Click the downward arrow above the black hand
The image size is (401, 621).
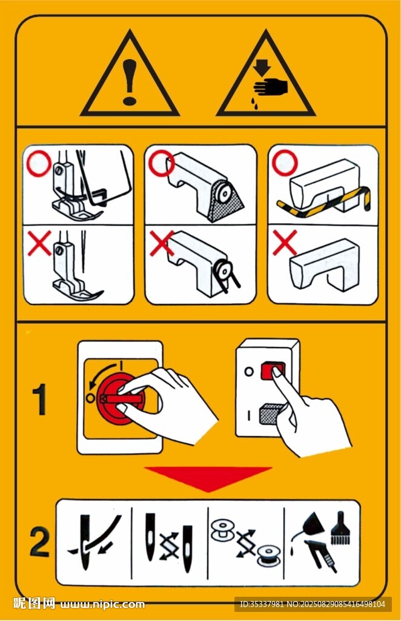tap(262, 67)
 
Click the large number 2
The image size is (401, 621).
tap(39, 542)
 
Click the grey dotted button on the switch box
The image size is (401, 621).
tap(270, 414)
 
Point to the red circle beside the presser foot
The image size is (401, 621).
tap(39, 164)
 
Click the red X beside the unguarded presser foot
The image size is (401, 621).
tap(39, 243)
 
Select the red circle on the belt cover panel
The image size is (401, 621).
tap(162, 163)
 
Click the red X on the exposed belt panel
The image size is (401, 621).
tap(162, 243)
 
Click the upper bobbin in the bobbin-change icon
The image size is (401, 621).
tap(224, 531)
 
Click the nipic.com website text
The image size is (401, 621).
tap(102, 605)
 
